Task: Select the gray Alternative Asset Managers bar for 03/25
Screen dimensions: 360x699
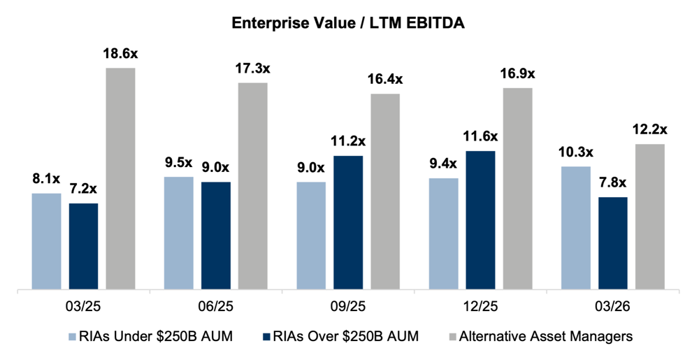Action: coord(120,178)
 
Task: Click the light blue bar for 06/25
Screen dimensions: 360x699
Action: coord(178,232)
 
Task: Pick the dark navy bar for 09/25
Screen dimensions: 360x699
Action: coord(348,222)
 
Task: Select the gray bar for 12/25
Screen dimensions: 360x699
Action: coord(517,187)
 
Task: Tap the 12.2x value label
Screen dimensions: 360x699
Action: coord(650,129)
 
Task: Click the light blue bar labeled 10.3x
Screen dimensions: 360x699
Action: coord(576,226)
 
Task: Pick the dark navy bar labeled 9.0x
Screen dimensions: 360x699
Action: coord(215,235)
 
